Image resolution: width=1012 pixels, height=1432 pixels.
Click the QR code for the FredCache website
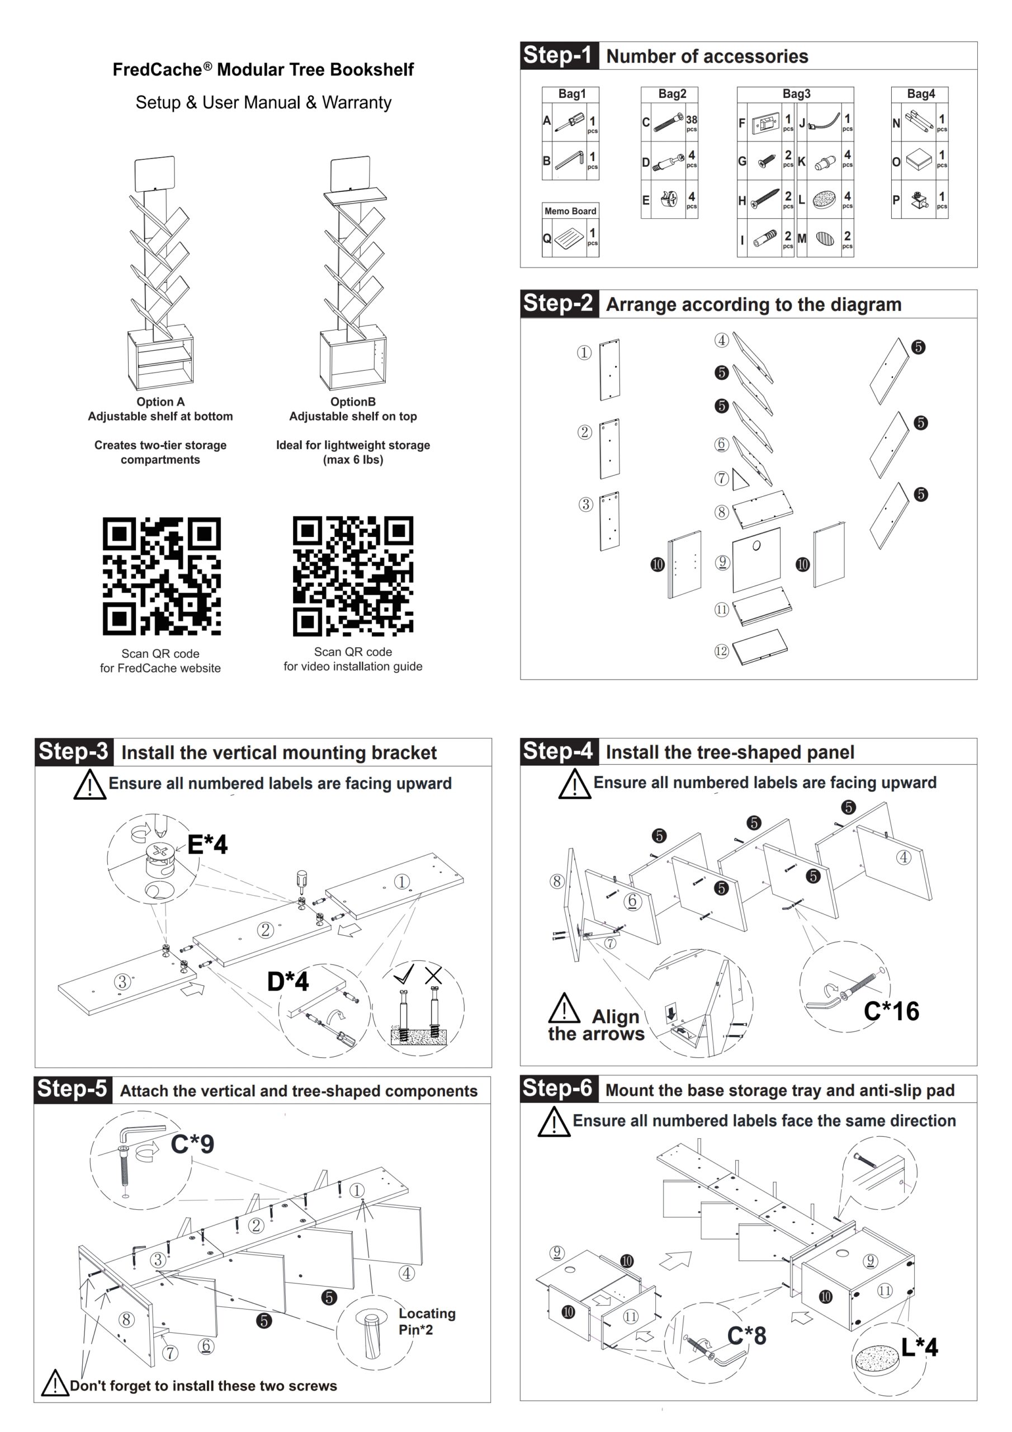(x=162, y=576)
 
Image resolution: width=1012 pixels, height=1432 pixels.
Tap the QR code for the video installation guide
(x=353, y=576)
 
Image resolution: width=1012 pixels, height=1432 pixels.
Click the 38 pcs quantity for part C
(x=692, y=123)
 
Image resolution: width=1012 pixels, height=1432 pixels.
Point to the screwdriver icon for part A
(x=569, y=121)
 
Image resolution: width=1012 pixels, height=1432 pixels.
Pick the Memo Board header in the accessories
(x=570, y=211)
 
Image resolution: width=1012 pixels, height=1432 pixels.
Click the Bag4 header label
(x=920, y=94)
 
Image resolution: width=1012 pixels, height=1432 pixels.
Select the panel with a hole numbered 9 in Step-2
(x=756, y=559)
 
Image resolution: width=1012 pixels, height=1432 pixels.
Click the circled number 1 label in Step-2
(x=584, y=352)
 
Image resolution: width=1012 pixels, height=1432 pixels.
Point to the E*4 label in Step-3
(x=207, y=845)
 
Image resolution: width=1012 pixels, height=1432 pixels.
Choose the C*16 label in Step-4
(x=891, y=1011)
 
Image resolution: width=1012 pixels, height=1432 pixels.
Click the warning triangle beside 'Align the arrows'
(x=564, y=1008)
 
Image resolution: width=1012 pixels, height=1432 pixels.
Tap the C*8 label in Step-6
(x=746, y=1335)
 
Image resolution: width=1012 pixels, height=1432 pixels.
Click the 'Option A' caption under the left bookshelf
(x=161, y=402)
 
